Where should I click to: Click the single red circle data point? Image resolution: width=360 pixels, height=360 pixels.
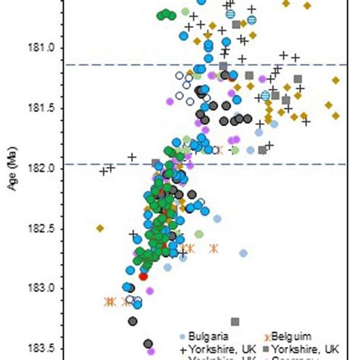[143, 276]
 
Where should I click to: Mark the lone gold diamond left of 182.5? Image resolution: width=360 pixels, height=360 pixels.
[99, 228]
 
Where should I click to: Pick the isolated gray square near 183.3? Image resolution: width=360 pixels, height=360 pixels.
[235, 322]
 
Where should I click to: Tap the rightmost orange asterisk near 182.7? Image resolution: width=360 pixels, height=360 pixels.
[214, 248]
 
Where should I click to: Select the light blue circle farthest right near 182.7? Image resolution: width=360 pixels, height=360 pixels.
[243, 253]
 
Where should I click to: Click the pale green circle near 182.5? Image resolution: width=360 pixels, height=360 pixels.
[199, 234]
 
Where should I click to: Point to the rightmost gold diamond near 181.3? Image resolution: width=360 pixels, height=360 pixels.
[335, 80]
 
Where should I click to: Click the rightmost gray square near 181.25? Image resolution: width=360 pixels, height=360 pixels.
[298, 78]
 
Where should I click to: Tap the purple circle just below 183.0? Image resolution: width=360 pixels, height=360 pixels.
[150, 290]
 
